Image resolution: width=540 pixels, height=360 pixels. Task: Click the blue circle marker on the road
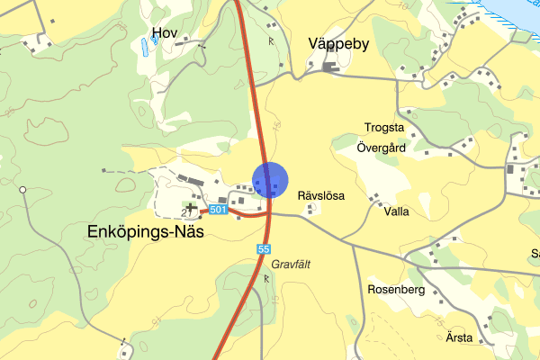(x=269, y=180)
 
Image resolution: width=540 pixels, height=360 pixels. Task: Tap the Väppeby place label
(x=338, y=43)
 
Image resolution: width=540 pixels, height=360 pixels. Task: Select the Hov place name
(x=165, y=33)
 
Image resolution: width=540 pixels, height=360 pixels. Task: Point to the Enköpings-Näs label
(x=147, y=231)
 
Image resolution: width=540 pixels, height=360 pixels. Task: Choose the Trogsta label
(x=384, y=128)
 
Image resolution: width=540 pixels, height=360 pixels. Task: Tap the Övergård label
(x=382, y=147)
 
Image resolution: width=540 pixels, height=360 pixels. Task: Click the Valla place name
(x=396, y=212)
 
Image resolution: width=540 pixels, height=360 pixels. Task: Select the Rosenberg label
(x=396, y=290)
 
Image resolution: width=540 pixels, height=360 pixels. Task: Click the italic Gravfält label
(x=291, y=265)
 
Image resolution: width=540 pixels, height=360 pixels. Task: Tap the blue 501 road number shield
(x=217, y=210)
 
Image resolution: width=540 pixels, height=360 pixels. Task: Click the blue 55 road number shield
(x=264, y=248)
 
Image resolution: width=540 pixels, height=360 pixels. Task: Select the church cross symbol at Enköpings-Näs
(x=191, y=207)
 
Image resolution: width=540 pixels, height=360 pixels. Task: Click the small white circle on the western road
(x=23, y=189)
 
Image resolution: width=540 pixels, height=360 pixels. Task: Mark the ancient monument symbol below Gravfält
(x=266, y=279)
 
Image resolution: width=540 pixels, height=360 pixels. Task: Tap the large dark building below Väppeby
(x=329, y=66)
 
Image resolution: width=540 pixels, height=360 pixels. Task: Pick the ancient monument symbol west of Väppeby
(x=270, y=40)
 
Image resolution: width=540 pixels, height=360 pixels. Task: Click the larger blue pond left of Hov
(x=144, y=48)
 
